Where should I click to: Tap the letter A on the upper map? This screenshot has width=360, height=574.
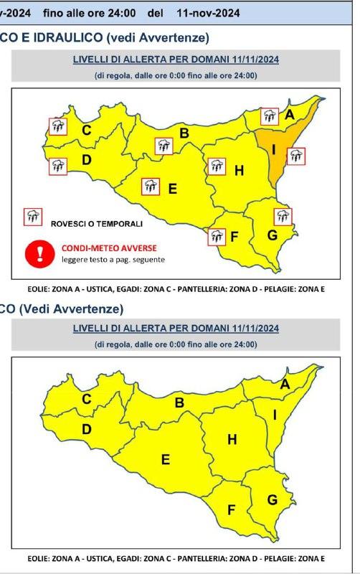pyautogui.click(x=290, y=115)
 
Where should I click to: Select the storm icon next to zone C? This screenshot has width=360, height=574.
pyautogui.click(x=57, y=127)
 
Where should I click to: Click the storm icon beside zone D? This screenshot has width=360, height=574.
pyautogui.click(x=58, y=166)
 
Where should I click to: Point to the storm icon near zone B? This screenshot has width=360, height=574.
pyautogui.click(x=164, y=146)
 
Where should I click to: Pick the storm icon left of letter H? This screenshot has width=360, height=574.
pyautogui.click(x=216, y=167)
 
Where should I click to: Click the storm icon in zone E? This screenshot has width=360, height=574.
pyautogui.click(x=150, y=187)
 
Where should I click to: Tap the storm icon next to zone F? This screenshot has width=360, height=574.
pyautogui.click(x=217, y=235)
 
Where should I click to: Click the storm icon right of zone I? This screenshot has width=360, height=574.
pyautogui.click(x=295, y=156)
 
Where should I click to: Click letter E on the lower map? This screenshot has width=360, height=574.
pyautogui.click(x=165, y=460)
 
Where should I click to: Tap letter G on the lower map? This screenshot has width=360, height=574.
pyautogui.click(x=272, y=499)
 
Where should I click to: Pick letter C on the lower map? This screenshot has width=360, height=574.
pyautogui.click(x=86, y=400)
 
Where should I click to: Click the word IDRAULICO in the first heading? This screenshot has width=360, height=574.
pyautogui.click(x=61, y=37)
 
